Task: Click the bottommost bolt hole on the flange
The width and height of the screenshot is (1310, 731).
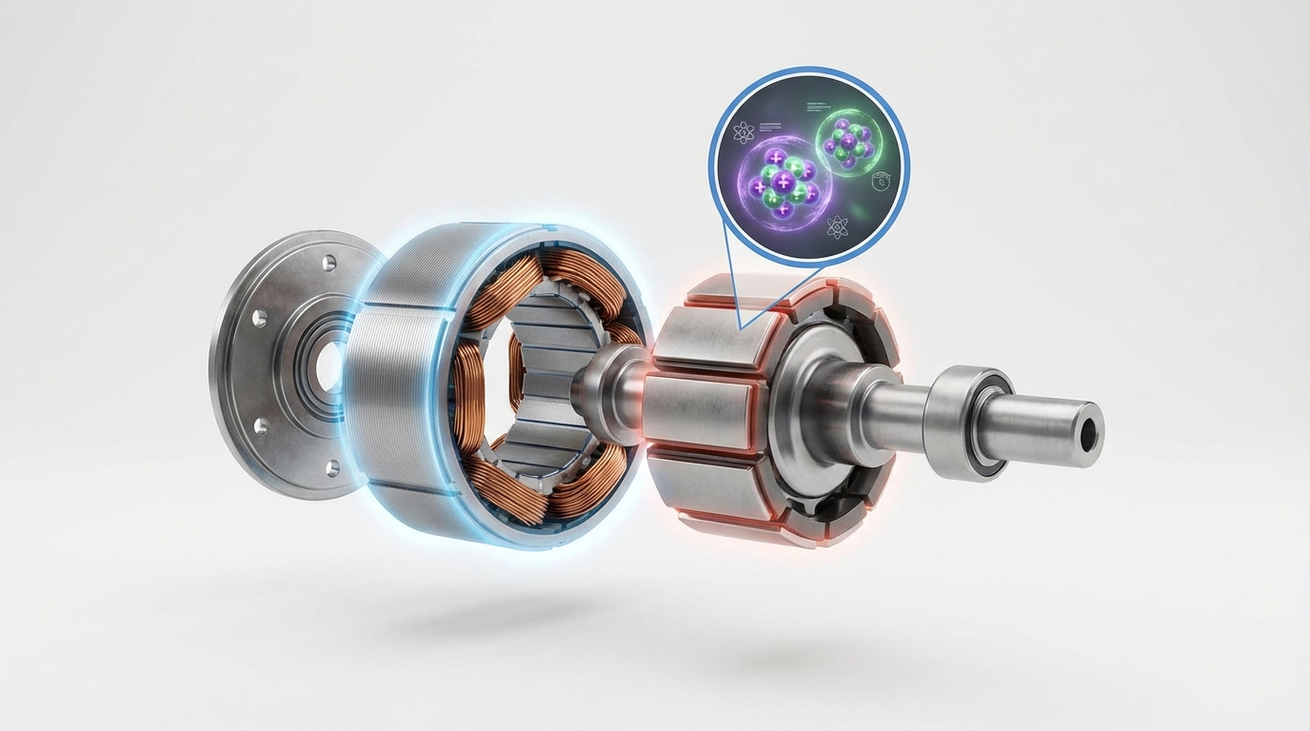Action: [x=332, y=467]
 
